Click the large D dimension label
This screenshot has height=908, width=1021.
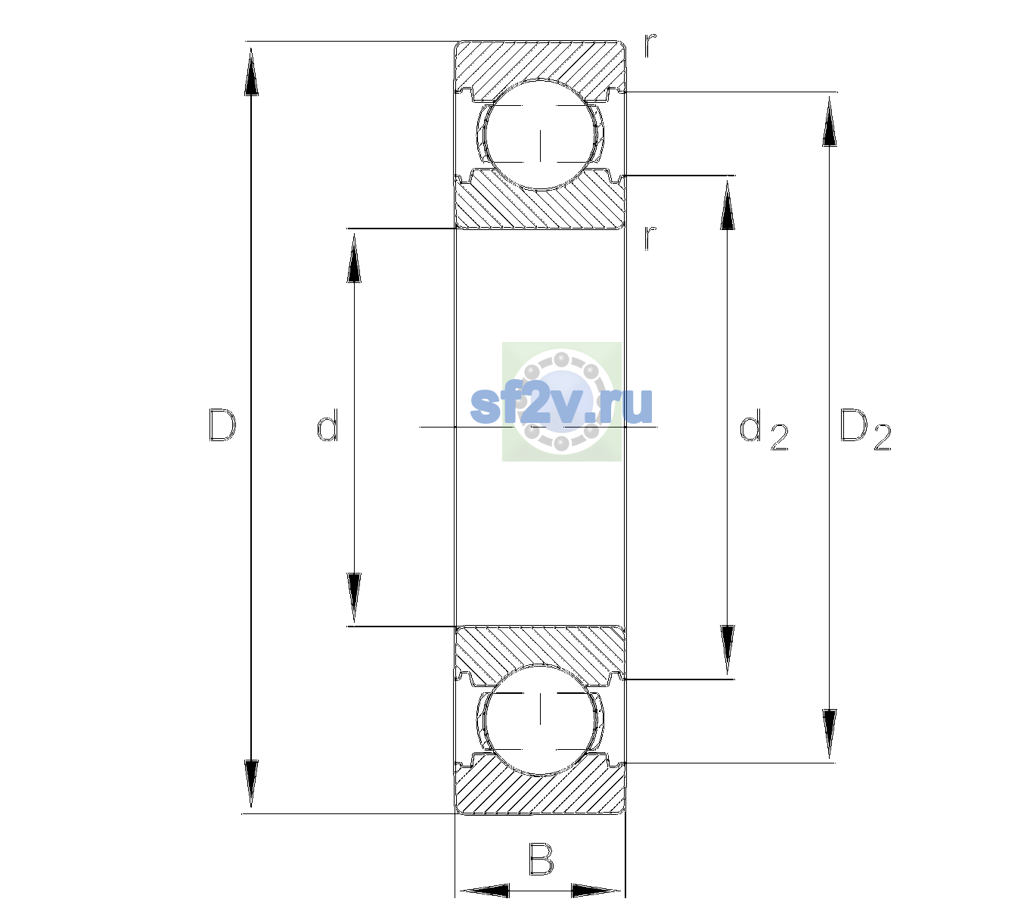click(222, 425)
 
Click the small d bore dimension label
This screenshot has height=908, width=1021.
click(327, 424)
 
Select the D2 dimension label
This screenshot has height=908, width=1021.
click(865, 430)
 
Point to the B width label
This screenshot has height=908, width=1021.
click(541, 859)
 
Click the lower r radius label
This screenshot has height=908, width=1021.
click(650, 238)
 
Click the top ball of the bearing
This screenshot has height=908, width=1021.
click(540, 134)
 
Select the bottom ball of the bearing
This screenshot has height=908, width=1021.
click(540, 720)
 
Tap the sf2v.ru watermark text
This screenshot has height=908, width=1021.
click(561, 406)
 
